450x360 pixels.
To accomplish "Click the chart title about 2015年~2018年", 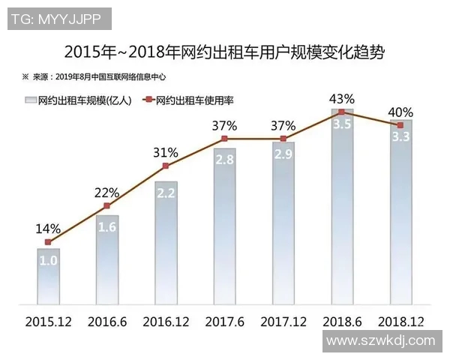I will click(224, 52).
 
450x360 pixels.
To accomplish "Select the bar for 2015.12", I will click(48, 277).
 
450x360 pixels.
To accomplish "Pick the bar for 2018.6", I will click(342, 210).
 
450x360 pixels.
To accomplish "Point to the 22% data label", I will click(106, 192).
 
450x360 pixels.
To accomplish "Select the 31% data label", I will click(166, 152).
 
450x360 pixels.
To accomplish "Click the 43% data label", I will click(342, 98).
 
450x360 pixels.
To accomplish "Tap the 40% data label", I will click(400, 112).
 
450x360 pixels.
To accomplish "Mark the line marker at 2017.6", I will click(224, 139).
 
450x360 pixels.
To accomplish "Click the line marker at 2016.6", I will click(106, 205).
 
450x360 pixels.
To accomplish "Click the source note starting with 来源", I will click(98, 76).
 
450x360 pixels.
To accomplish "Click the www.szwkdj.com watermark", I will click(382, 341).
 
